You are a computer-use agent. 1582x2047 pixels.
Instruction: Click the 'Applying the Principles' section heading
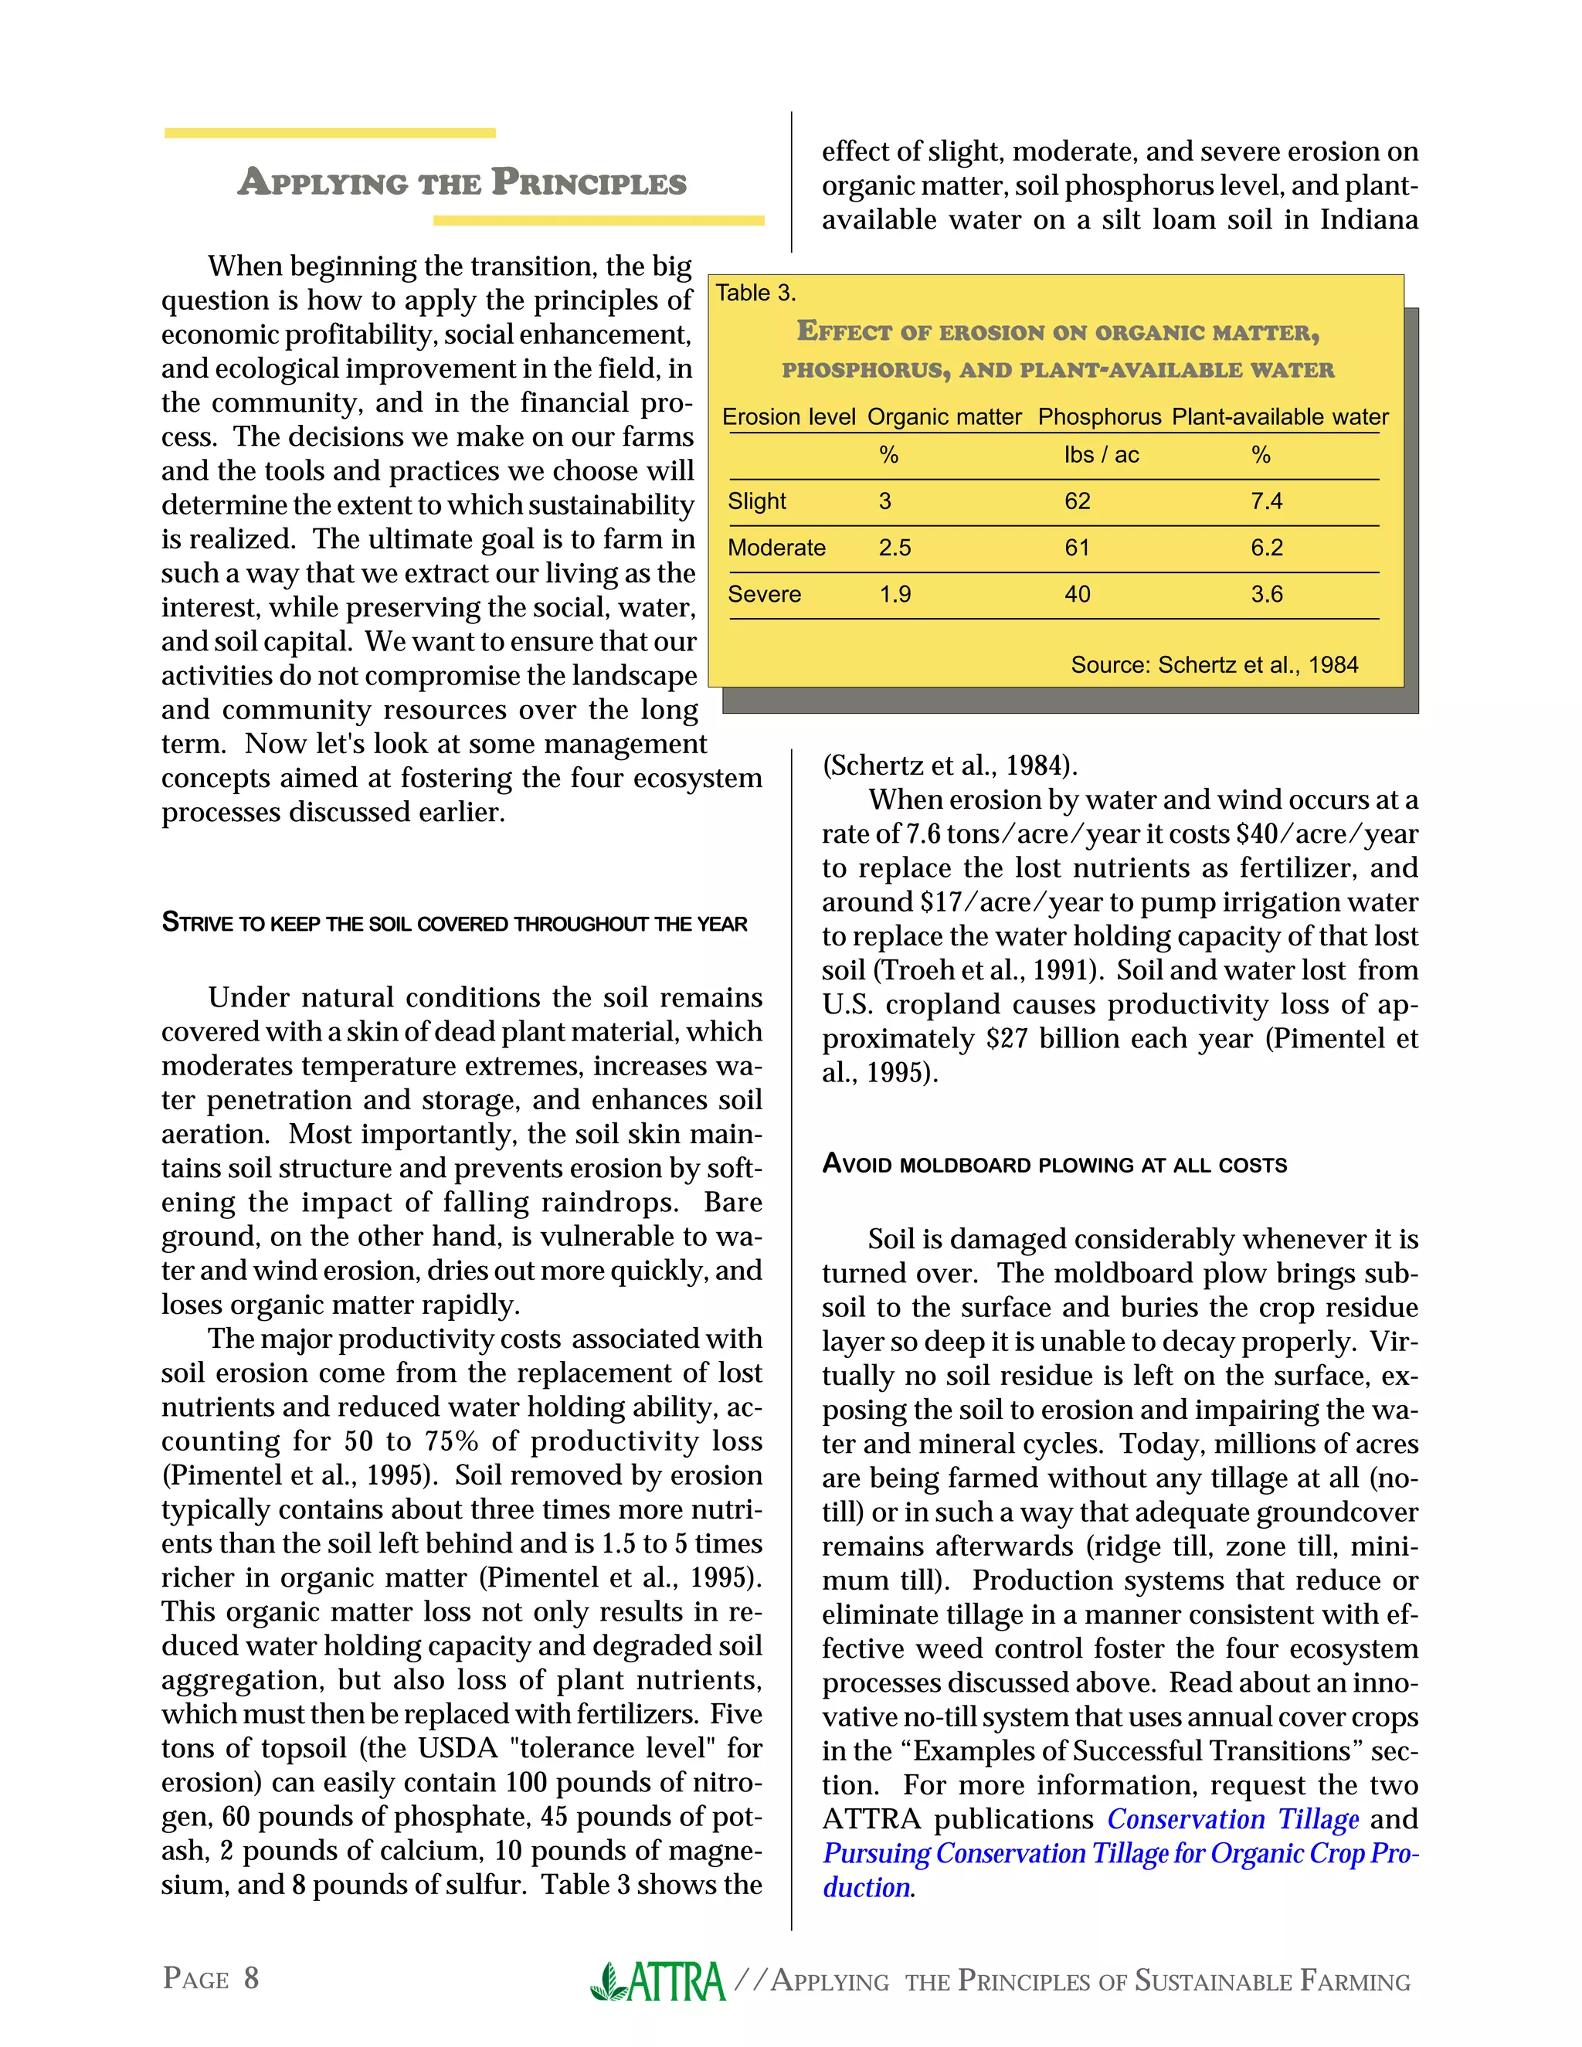462,182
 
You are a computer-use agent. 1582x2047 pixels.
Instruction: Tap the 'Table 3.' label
755,294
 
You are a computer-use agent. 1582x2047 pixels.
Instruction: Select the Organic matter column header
944,417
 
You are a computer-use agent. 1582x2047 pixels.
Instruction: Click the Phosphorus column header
1099,417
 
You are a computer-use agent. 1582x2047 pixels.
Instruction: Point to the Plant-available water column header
1280,417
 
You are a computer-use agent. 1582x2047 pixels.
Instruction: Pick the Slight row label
757,501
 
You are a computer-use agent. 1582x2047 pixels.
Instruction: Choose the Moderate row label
776,548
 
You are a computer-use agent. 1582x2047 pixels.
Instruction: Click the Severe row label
764,594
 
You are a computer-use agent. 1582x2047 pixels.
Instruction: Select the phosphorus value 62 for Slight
1077,501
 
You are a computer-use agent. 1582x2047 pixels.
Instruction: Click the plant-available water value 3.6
1266,594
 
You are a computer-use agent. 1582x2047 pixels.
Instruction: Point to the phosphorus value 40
1077,594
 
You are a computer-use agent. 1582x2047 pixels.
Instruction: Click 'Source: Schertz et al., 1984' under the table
1214,665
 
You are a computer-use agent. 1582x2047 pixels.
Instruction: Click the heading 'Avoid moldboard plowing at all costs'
1054,1165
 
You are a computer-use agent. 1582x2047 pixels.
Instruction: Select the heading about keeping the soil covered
454,924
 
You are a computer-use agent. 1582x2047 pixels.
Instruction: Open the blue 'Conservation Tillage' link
1232,1819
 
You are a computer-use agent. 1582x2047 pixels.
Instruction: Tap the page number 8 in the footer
251,1977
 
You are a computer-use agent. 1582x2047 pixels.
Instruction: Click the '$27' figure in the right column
1006,1038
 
